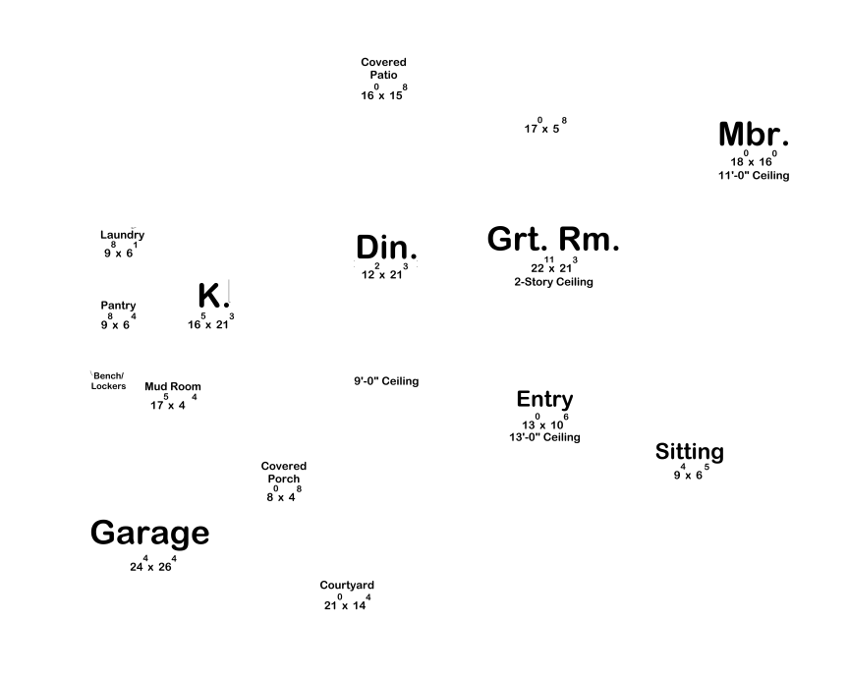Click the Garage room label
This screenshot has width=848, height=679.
point(149,534)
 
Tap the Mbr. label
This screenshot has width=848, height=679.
point(754,135)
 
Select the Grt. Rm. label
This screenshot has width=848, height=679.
point(553,239)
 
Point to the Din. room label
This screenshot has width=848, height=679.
point(386,248)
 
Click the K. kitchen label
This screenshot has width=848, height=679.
point(213,296)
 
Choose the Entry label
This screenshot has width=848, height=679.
point(544,399)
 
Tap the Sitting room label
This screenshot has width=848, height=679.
point(689,452)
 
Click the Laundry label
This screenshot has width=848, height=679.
point(122,235)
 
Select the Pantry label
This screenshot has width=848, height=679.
point(118,306)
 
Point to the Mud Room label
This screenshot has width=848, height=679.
point(172,386)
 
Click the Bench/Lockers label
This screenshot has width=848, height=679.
point(108,380)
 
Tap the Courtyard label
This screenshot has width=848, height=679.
point(347,586)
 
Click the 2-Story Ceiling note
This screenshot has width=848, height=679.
point(553,282)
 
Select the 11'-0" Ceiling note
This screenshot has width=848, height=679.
point(754,176)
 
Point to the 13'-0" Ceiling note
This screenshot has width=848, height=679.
point(544,437)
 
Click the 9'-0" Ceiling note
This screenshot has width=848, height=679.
point(386,381)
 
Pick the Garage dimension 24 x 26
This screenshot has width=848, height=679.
point(152,565)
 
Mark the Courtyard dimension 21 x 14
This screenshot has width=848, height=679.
point(347,604)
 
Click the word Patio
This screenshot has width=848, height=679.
point(383,75)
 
